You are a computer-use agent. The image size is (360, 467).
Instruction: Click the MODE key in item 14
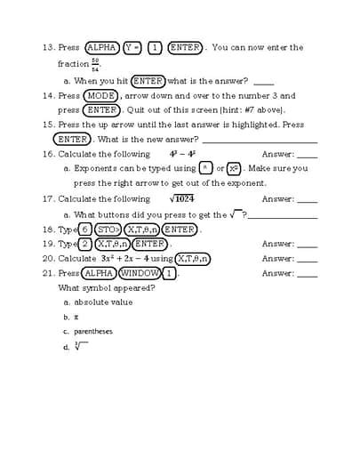tap(101, 95)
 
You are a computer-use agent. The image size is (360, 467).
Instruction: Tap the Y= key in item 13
tap(133, 48)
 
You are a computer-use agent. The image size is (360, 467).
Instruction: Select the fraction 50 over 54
tap(95, 65)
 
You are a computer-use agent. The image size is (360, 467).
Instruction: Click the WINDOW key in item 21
tap(140, 273)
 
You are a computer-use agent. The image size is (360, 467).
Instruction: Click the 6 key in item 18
tap(85, 229)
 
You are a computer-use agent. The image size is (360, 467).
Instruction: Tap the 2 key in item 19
tap(85, 244)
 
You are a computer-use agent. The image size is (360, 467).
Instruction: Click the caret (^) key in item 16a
tap(205, 168)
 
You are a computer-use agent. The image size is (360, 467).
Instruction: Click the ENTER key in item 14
tap(101, 109)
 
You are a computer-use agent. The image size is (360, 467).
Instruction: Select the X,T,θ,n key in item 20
tap(193, 259)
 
